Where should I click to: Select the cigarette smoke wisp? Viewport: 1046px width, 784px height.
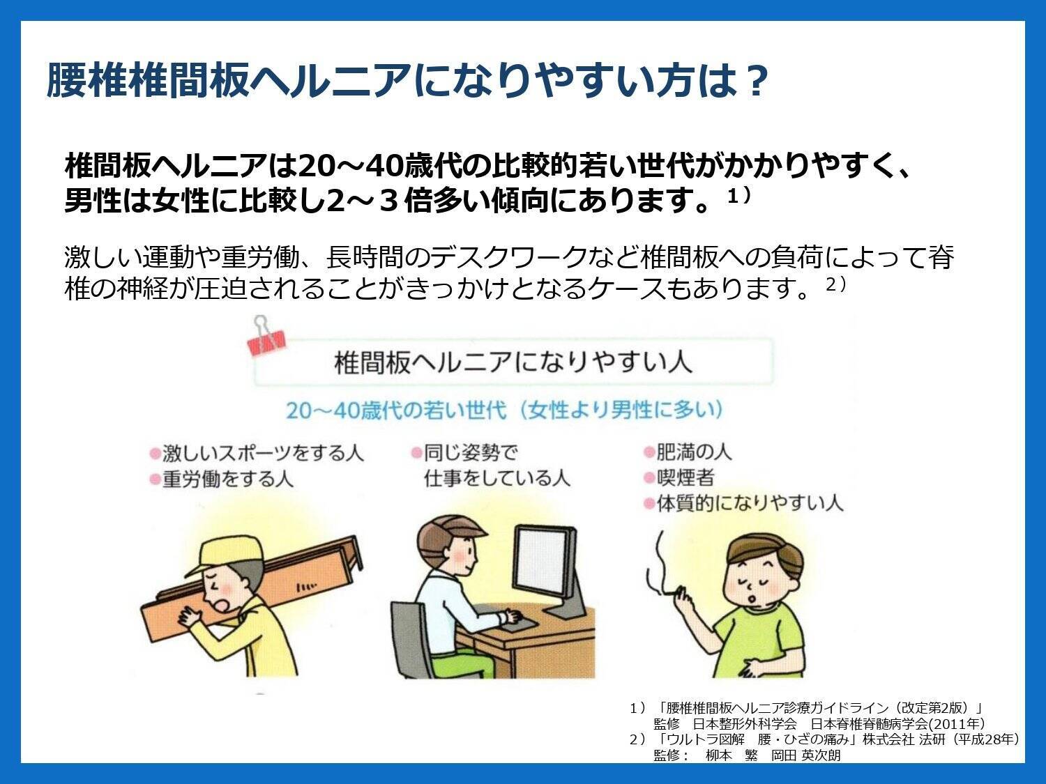(655, 567)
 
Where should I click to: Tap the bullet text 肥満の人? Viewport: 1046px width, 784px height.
(693, 452)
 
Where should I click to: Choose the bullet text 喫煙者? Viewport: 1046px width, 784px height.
(685, 477)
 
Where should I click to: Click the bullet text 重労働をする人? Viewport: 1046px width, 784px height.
(228, 479)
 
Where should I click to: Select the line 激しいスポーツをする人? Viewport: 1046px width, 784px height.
(263, 453)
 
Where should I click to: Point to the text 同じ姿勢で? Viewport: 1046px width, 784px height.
(470, 452)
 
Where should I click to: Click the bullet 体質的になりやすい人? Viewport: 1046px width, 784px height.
(750, 503)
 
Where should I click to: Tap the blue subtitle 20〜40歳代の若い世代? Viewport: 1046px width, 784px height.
(395, 410)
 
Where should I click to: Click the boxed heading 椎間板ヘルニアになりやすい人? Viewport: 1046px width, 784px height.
(513, 362)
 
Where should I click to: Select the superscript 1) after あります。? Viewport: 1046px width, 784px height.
(738, 197)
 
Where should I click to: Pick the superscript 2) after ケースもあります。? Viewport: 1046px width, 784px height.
(836, 284)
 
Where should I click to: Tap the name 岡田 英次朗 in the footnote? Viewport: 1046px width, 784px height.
(806, 755)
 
